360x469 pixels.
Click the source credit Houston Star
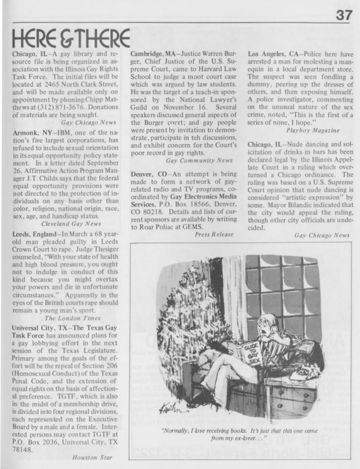92,457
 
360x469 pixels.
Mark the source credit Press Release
214,234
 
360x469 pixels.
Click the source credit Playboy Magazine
313,130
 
